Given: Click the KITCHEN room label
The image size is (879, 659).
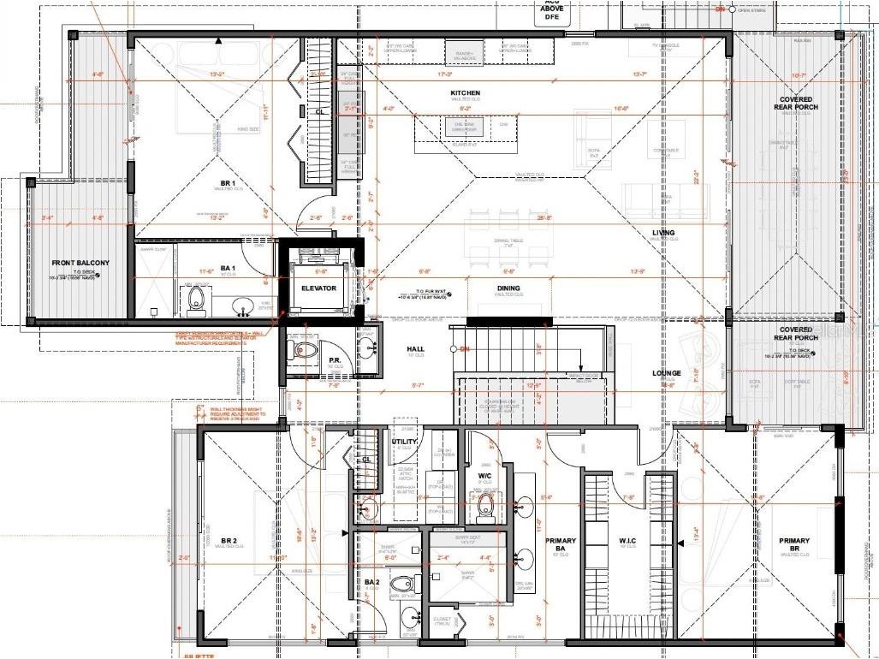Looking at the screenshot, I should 466,92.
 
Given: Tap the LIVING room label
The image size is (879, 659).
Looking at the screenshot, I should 662,233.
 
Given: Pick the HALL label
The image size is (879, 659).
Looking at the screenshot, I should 415,349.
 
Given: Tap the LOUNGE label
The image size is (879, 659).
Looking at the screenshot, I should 666,373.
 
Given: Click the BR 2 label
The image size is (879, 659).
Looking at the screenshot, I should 229,540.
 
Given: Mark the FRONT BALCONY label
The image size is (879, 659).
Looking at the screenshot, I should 81,263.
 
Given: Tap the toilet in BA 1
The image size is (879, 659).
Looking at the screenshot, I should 196,297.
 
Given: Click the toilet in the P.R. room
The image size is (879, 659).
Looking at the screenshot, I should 306,349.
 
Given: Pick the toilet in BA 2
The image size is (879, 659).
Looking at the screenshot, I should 401,585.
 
